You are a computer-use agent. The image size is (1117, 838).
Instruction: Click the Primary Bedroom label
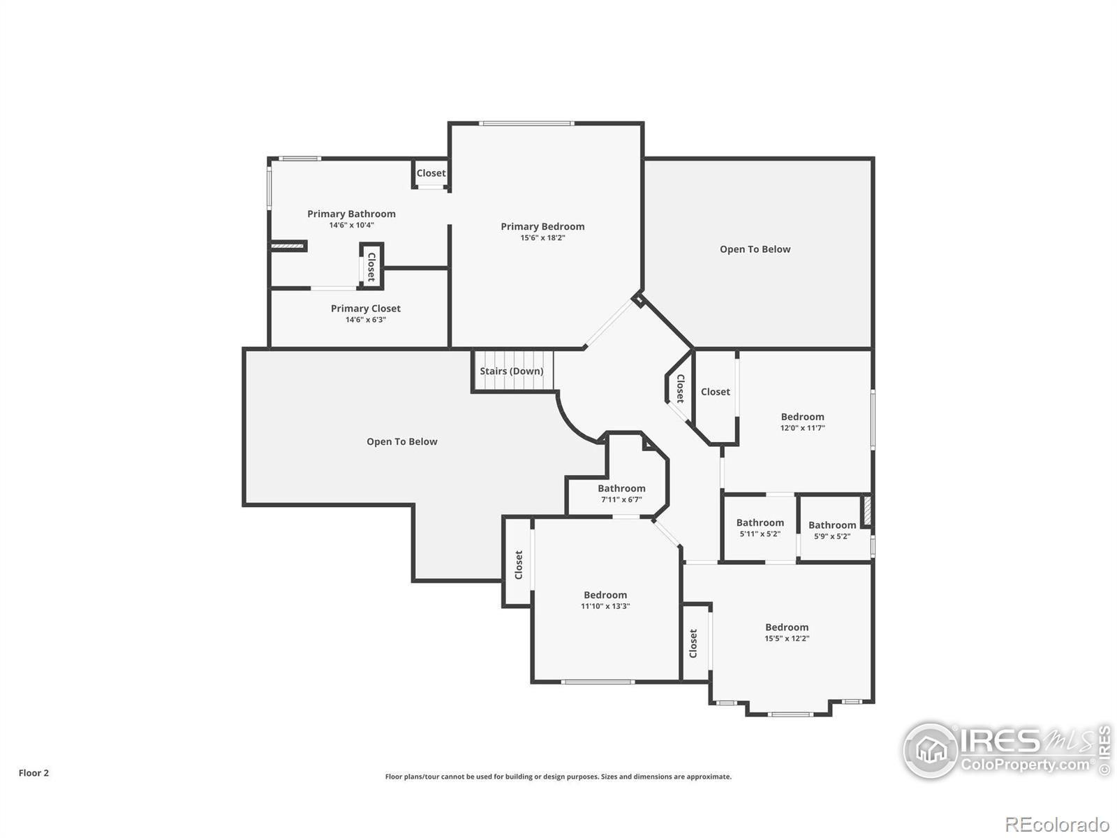(542, 226)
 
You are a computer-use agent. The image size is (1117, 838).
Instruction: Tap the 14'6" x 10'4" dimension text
(351, 226)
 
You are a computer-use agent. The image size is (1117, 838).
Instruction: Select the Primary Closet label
(365, 308)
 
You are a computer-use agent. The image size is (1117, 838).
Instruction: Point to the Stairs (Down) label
(511, 371)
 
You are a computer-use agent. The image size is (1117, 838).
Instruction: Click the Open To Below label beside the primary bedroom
(755, 249)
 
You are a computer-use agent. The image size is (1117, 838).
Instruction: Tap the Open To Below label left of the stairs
(401, 441)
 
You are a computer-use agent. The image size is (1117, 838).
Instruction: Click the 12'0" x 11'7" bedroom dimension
(802, 428)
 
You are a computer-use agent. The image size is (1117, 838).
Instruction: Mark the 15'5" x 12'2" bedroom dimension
(786, 638)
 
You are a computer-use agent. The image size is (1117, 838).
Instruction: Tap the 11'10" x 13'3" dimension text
(605, 606)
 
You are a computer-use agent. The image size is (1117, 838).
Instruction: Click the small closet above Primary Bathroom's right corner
(431, 173)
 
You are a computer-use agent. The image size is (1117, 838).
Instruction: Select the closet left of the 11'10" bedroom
(518, 564)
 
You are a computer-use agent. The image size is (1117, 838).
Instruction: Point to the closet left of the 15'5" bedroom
(693, 643)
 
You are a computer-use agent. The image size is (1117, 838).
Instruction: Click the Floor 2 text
(34, 773)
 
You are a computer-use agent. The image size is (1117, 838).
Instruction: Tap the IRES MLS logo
(1005, 751)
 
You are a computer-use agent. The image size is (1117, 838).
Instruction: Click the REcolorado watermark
(1058, 824)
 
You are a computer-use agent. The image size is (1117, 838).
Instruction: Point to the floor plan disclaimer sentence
(558, 777)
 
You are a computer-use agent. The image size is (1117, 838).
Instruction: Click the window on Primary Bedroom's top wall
(527, 124)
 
